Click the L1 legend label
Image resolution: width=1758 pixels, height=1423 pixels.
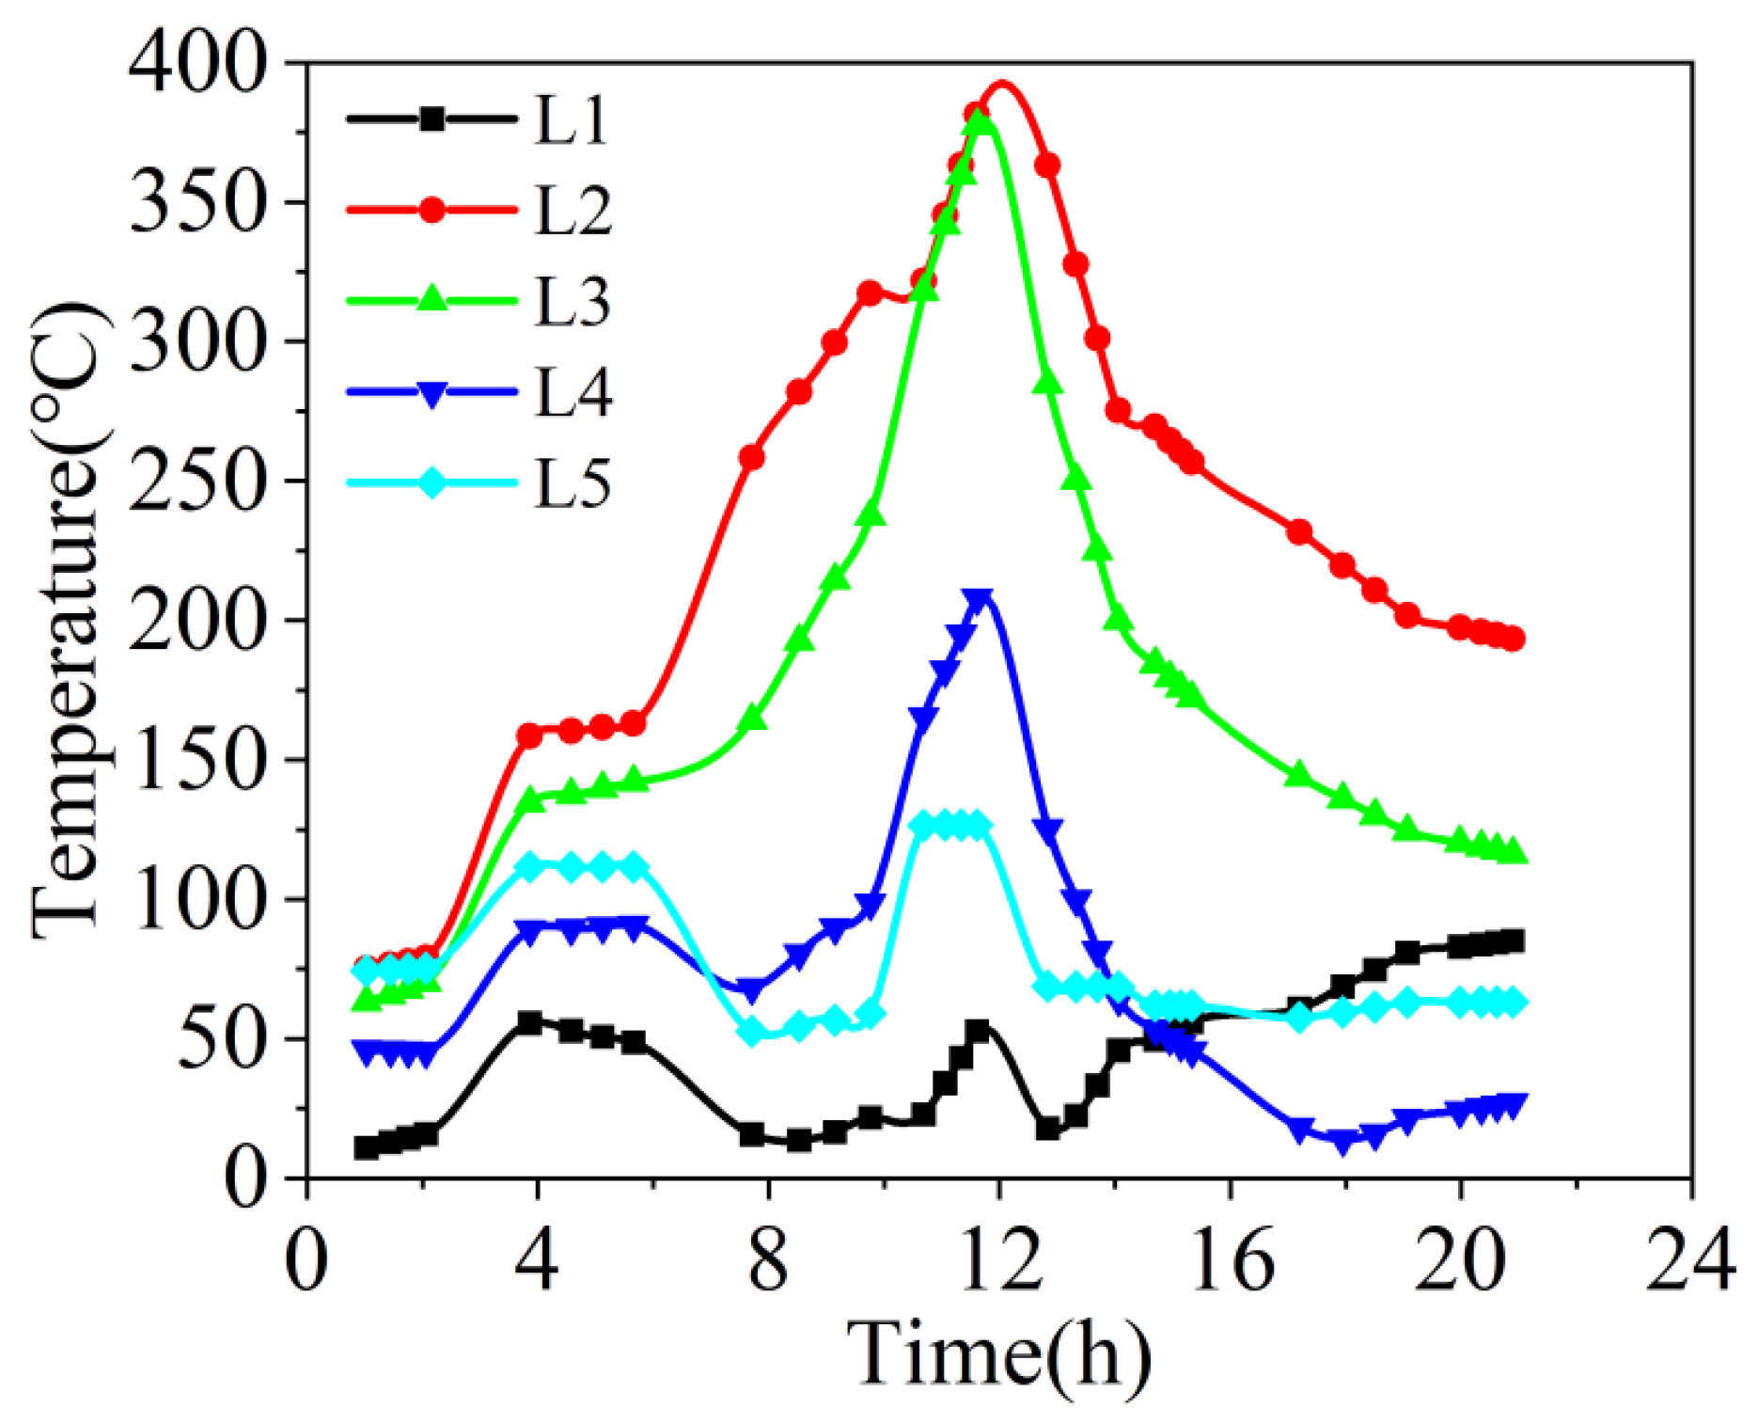tap(571, 120)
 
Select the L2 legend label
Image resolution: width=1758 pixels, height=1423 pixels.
tap(573, 211)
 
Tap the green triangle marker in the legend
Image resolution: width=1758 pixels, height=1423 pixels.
tap(432, 298)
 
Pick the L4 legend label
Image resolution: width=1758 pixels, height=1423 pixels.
tap(573, 393)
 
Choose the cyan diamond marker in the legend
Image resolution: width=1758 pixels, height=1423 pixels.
tap(432, 483)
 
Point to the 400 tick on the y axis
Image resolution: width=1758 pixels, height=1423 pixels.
tap(196, 66)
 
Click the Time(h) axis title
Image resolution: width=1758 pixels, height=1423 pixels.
tap(999, 1355)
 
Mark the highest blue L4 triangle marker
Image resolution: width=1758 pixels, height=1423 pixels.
tap(979, 601)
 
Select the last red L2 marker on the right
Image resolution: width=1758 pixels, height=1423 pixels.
tap(1513, 640)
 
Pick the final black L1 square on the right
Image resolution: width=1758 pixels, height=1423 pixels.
tap(1513, 941)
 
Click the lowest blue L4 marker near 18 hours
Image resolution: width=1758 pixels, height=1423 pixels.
tap(1342, 1143)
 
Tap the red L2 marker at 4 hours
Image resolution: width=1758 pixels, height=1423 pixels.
tap(530, 735)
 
